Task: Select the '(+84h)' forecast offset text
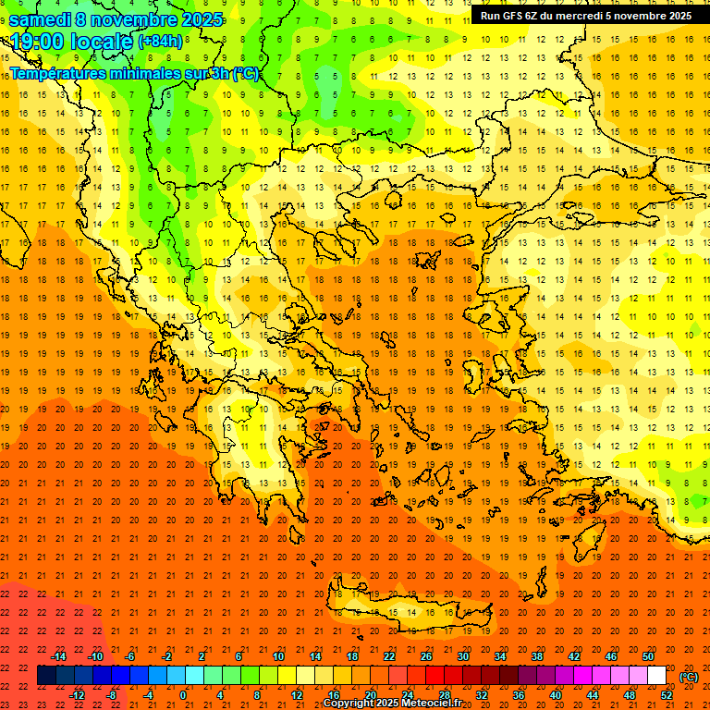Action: tap(160, 42)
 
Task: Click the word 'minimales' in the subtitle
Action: tap(135, 74)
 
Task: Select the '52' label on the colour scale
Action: tap(667, 694)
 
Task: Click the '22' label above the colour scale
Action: tap(389, 656)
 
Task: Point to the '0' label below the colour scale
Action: tap(183, 694)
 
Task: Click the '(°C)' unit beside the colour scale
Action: tap(689, 677)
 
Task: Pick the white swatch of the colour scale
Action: tap(656, 676)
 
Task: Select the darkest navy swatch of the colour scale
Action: tap(46, 676)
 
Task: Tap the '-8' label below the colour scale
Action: tap(112, 694)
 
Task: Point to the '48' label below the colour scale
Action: tap(630, 694)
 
